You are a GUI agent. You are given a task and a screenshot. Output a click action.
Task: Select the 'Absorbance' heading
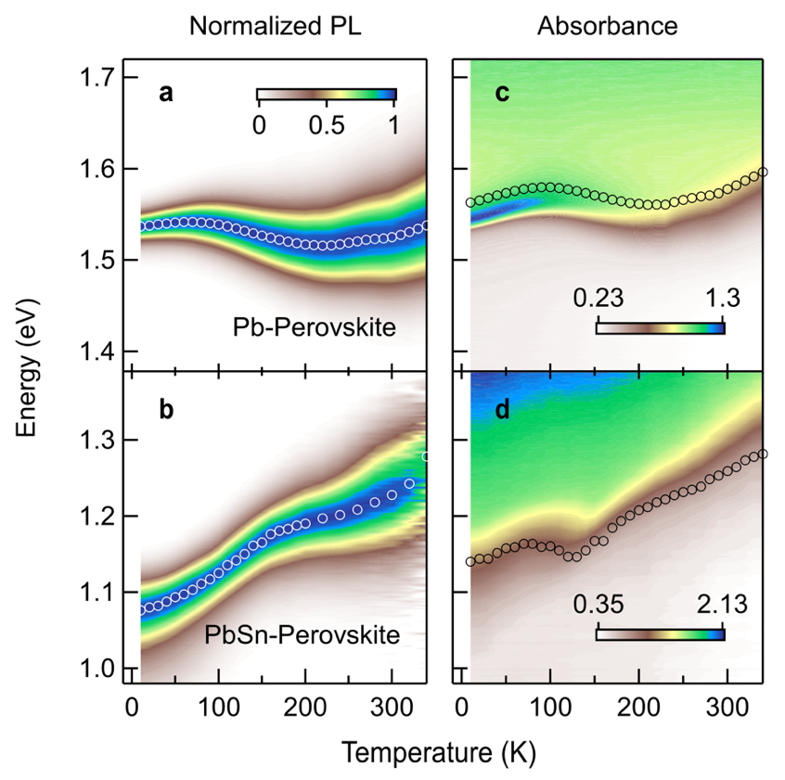[607, 26]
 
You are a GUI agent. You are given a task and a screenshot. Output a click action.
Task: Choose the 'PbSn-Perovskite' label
[302, 635]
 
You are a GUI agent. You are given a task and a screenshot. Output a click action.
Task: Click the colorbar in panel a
[326, 94]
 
